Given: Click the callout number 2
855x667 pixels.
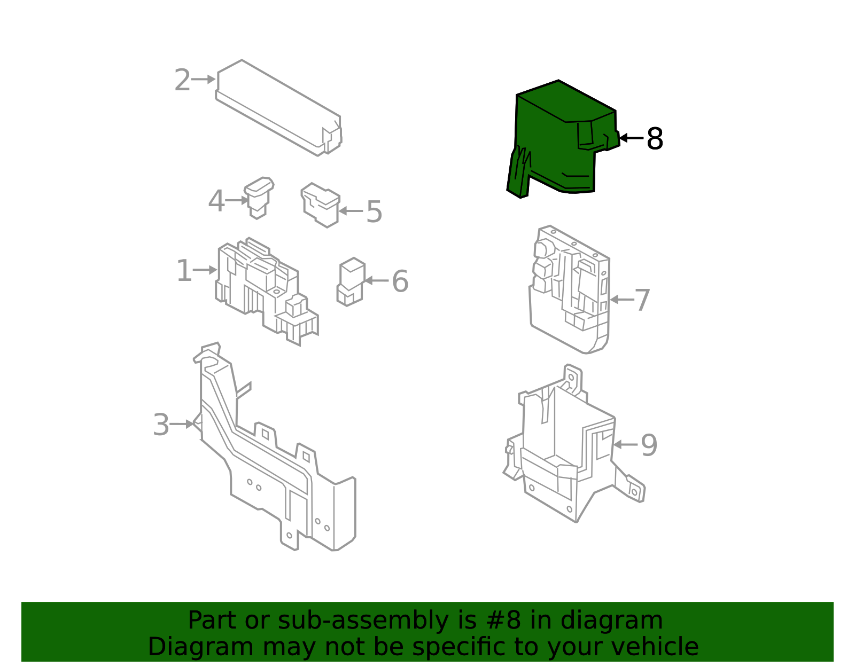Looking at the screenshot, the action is pos(182,80).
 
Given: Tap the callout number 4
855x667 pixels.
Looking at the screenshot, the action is pos(216,201).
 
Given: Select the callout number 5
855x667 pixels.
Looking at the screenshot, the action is pos(374,212).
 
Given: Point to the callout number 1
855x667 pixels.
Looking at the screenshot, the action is pos(184,270).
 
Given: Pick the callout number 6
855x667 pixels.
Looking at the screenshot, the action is pos(400,281).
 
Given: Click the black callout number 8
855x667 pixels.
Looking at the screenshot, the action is pos(655,139).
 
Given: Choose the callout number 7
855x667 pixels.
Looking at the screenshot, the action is pos(642,300).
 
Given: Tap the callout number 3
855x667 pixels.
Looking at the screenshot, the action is pos(161,425).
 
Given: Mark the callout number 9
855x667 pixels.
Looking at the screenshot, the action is pos(649,445).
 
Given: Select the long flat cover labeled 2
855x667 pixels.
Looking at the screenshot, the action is pos(278,108).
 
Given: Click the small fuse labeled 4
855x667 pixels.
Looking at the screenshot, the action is pos(259,198).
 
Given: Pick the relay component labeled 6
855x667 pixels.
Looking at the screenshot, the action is pos(351,282).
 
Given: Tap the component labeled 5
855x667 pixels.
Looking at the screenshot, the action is pos(321,205).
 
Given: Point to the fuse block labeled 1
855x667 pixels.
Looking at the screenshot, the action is pos(267,291).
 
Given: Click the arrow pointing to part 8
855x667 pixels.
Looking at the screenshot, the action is pos(632,138).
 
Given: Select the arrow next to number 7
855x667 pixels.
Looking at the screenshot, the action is pos(622,300).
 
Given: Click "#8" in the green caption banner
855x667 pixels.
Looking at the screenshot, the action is pos(503,621).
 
